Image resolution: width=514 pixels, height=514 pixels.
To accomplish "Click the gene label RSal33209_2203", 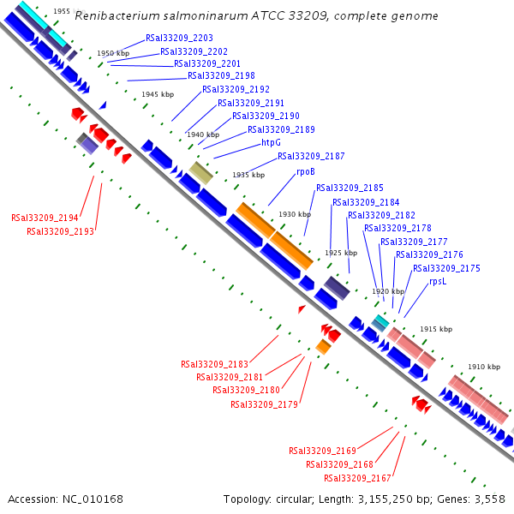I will click(179, 39).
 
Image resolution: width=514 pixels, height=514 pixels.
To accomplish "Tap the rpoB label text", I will click(306, 171).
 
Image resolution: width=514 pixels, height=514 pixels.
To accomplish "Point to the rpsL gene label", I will click(438, 281).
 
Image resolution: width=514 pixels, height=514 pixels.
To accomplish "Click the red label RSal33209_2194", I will click(45, 218).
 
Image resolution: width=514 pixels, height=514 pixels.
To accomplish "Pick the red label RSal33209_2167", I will click(357, 478).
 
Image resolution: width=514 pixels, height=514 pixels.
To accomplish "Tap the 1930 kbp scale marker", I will click(294, 214).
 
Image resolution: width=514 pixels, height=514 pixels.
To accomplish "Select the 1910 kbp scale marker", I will click(483, 368).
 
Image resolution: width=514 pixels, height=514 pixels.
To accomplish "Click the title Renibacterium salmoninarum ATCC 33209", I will click(256, 16).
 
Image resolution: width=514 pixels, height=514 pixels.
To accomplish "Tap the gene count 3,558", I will click(491, 499).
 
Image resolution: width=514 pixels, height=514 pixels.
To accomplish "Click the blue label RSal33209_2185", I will click(350, 188).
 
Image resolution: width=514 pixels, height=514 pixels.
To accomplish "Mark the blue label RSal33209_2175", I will click(446, 268).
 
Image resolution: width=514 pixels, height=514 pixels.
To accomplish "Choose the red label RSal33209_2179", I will click(264, 404).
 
